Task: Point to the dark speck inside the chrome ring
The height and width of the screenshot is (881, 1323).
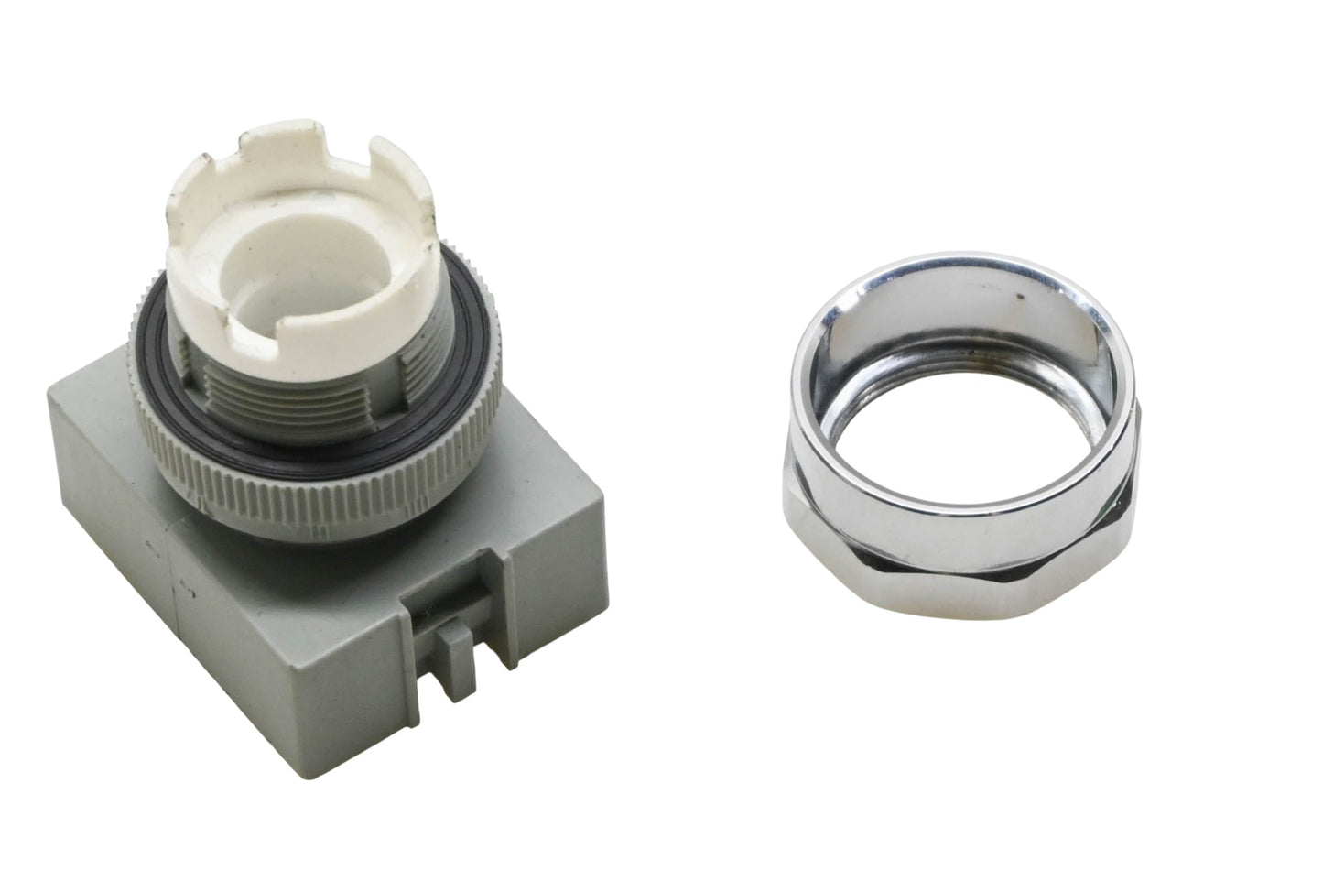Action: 1019,295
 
